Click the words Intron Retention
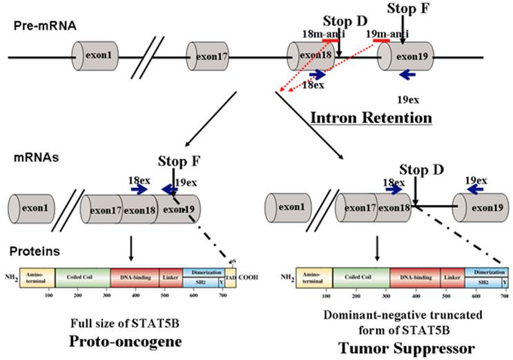[x=371, y=117]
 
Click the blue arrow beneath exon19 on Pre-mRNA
[x=408, y=73]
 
